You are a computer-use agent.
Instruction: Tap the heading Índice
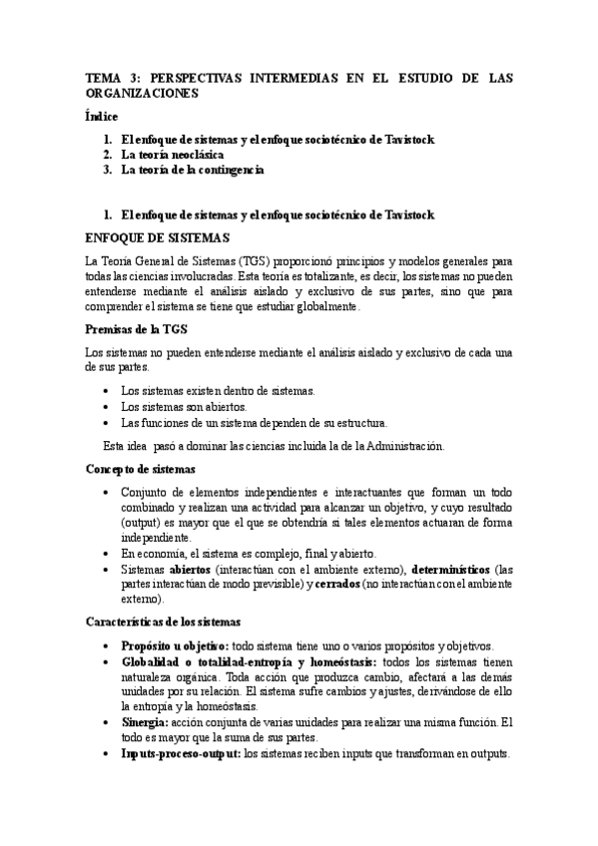pos(102,117)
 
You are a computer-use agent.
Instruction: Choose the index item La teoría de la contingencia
pos(192,170)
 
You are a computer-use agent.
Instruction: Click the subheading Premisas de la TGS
pos(137,329)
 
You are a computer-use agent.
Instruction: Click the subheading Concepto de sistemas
pos(140,468)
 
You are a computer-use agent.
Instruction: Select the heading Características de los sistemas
pos(163,622)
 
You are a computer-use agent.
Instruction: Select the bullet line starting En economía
pos(247,553)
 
